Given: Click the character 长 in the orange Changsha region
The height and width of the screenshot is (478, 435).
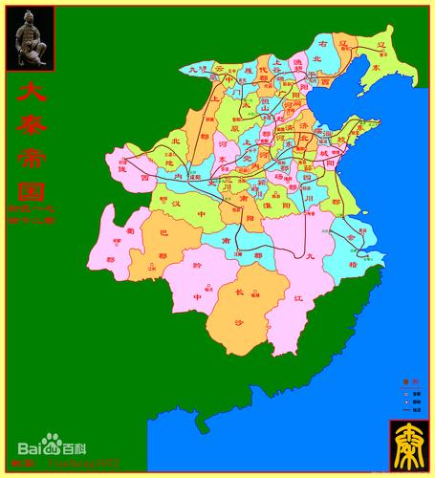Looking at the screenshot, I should tap(239, 293).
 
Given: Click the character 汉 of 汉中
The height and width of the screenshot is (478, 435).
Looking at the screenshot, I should tap(176, 204).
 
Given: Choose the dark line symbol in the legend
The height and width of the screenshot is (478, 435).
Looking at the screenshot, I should tap(405, 410).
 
